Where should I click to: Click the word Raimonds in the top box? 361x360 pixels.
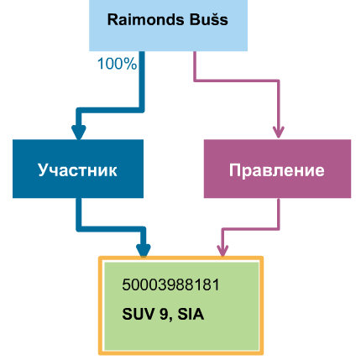point(145,20)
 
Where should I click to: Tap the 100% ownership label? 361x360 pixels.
point(118,64)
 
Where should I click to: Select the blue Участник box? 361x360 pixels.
point(78,169)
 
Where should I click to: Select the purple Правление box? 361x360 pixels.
point(277,169)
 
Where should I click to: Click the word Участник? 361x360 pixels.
point(77,170)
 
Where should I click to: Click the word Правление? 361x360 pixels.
point(277,170)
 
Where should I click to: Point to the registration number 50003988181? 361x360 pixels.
point(170,285)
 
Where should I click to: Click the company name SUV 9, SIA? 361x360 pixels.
point(163,314)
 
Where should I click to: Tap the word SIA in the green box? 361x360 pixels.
point(191,314)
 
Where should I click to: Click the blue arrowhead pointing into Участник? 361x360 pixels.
point(79,132)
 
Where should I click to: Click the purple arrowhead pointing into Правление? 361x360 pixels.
point(278,132)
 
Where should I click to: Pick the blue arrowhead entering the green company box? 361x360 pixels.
point(144,250)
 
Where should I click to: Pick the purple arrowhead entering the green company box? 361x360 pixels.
point(222,250)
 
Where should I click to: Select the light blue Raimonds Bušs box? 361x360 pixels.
point(168,25)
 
